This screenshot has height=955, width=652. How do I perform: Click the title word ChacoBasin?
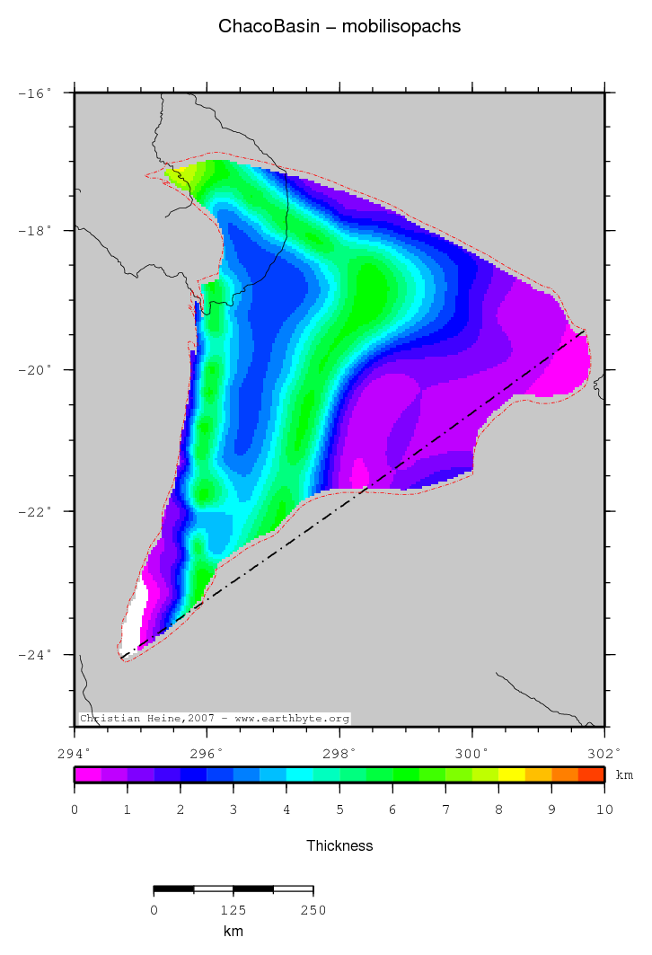tap(259, 27)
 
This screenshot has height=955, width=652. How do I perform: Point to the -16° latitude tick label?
tap(35, 93)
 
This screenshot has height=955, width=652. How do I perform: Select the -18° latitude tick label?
tap(35, 231)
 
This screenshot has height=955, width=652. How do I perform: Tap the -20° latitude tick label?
tap(35, 370)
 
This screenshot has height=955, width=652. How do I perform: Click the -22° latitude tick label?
tap(35, 511)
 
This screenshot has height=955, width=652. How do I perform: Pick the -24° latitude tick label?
tap(35, 654)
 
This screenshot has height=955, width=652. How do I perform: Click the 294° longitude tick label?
tap(75, 753)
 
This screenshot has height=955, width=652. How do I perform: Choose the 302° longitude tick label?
tap(604, 753)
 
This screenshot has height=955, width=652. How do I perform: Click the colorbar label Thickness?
tap(339, 845)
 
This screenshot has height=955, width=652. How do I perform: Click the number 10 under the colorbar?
tap(604, 810)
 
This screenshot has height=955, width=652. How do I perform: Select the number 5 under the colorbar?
tap(339, 810)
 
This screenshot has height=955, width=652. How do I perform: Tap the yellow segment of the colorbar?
tap(512, 774)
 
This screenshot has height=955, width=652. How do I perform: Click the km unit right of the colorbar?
tap(624, 775)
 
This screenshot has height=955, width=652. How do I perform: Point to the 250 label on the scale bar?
tap(313, 911)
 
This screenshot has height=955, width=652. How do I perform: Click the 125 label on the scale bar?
tap(233, 911)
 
